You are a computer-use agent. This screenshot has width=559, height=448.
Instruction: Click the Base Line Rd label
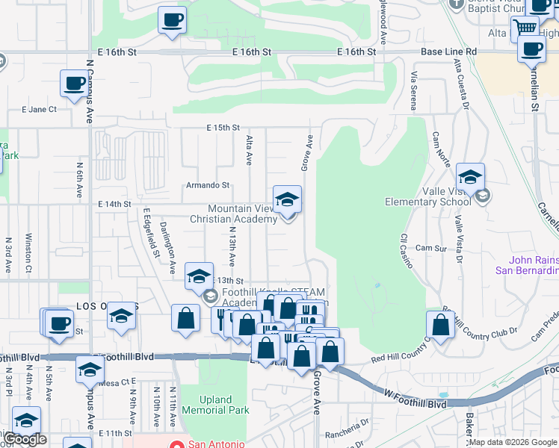[448, 52]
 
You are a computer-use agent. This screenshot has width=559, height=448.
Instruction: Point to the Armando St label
[208, 185]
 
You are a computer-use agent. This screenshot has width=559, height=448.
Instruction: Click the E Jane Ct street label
[39, 109]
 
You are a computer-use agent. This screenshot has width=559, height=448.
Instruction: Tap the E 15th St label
[223, 128]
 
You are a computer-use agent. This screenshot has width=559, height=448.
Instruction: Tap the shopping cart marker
[525, 28]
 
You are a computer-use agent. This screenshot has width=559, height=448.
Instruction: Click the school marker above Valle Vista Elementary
[470, 177]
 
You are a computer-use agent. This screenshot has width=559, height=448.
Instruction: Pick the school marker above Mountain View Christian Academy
[287, 199]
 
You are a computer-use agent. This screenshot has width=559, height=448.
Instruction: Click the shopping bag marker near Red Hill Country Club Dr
[441, 324]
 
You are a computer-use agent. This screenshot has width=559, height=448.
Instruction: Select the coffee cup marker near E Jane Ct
[74, 83]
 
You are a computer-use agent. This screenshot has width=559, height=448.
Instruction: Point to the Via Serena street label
[413, 87]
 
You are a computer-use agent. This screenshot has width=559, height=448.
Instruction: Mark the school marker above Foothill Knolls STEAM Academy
[200, 276]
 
